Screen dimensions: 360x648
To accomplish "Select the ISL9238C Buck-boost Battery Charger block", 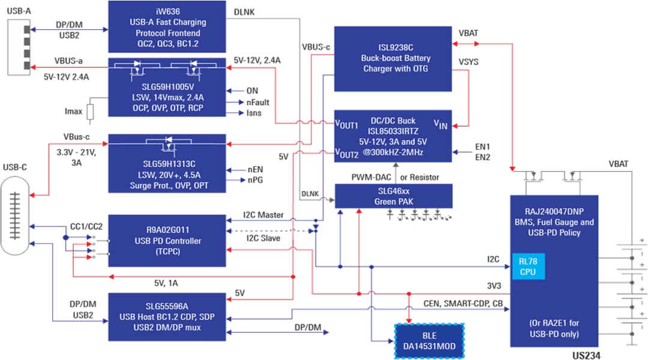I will point(392,58).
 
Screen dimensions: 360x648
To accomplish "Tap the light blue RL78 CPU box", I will point(528,266).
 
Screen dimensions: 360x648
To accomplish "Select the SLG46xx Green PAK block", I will point(392,196).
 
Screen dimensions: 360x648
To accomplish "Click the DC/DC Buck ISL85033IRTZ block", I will point(392,136).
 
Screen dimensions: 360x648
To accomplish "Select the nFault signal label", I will point(257,102).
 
